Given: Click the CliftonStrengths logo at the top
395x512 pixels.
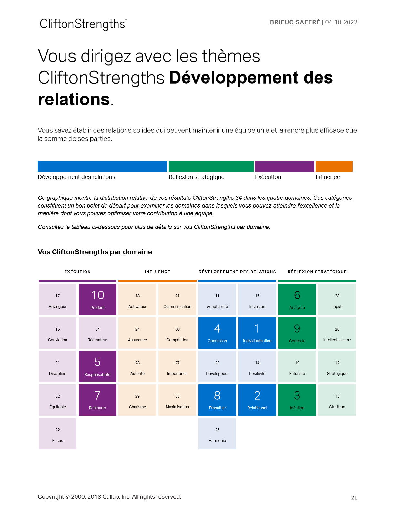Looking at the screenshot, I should [x=83, y=24].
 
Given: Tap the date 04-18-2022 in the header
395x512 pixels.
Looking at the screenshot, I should [x=341, y=22].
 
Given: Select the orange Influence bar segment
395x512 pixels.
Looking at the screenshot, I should [x=334, y=166].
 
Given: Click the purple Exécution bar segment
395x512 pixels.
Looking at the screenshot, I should [x=284, y=166].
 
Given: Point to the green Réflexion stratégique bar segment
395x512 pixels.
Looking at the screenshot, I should [x=211, y=166].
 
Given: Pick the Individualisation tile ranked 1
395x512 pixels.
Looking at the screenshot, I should [x=257, y=333].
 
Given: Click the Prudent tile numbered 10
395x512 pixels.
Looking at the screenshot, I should [x=97, y=300].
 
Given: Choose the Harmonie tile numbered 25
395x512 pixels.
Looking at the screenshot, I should [x=217, y=433].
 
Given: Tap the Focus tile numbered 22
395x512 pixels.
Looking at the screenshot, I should [x=57, y=433].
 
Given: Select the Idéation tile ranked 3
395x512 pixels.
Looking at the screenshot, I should [x=297, y=400].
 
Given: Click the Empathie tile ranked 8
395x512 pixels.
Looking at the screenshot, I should [x=217, y=400].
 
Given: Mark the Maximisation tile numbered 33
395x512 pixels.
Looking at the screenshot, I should [x=177, y=400].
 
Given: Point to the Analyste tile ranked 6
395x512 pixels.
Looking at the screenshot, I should [x=297, y=300].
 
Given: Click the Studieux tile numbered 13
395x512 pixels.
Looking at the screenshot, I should [x=337, y=400].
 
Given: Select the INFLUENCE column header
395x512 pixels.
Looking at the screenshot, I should [x=157, y=272].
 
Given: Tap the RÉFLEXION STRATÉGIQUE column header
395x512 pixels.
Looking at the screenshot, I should [x=317, y=272].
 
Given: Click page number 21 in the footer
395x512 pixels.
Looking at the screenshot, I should [x=354, y=498].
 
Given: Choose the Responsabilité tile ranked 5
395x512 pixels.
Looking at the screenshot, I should [x=97, y=367].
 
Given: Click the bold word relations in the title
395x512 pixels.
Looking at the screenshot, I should [x=74, y=99].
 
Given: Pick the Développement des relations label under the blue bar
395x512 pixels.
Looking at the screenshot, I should [x=76, y=177].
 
